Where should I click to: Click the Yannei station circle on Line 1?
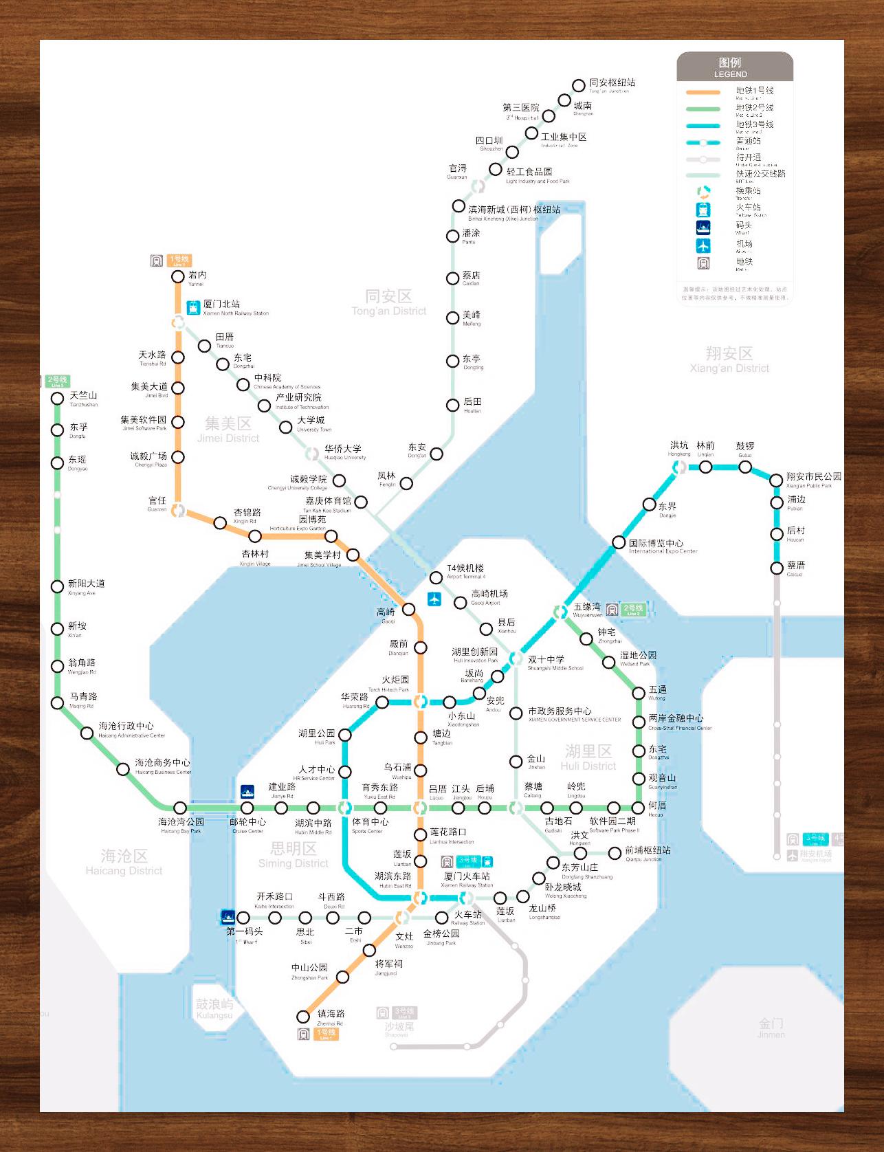178,277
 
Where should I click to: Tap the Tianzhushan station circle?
58,398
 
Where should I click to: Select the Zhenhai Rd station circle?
303,1017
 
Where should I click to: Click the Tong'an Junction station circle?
579,85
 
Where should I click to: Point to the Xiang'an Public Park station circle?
776,480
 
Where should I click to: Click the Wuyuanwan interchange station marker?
561,611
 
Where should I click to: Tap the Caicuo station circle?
777,568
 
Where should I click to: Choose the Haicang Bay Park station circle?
180,808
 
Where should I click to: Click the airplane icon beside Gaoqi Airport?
434,599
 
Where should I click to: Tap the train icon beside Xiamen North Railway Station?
193,308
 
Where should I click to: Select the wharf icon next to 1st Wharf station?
228,916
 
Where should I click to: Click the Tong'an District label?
389,302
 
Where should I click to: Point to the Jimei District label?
228,429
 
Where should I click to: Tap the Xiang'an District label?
729,359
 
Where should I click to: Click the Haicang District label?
124,861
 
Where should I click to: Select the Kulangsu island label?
214,1008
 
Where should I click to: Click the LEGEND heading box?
734,67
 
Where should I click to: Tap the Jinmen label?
771,1028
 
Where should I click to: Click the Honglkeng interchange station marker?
679,467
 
